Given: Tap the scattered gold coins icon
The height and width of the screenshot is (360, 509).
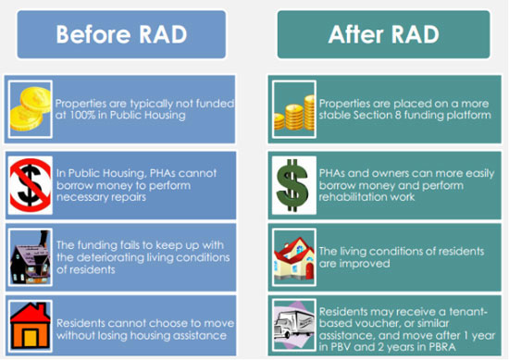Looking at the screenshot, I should (29, 107).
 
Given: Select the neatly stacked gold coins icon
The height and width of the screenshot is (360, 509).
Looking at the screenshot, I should (292, 109).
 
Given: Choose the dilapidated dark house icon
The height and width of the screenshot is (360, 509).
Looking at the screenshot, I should (29, 251).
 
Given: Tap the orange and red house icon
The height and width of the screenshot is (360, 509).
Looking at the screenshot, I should (29, 324).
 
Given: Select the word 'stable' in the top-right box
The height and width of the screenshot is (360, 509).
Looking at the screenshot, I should (338, 116).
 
